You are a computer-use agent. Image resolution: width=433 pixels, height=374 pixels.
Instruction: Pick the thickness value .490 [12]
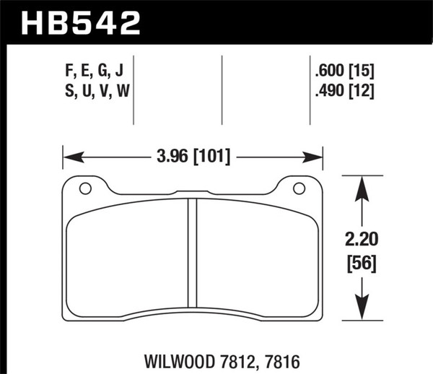[344, 91]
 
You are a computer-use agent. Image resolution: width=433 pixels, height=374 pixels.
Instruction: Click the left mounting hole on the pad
[85, 189]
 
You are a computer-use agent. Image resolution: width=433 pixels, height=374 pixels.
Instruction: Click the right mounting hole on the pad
[299, 189]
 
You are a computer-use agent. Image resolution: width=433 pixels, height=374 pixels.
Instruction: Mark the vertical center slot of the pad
[193, 253]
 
